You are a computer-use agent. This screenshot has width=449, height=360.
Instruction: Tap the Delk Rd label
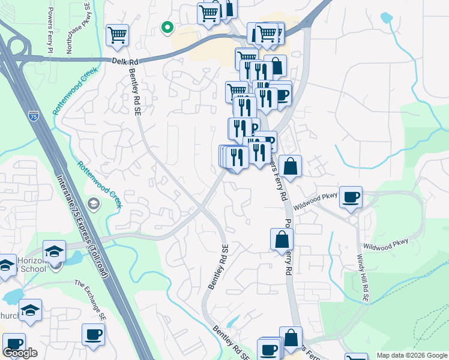(124, 61)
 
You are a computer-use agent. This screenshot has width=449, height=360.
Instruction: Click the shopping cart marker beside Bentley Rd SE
(117, 35)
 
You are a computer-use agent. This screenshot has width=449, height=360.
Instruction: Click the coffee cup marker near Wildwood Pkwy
(351, 197)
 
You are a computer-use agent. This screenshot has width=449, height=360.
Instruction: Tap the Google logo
(20, 353)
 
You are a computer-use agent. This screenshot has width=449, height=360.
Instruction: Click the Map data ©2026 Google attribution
(411, 355)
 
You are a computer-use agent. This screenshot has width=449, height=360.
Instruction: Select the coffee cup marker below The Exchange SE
(93, 335)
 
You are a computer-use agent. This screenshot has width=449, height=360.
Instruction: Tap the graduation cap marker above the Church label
(30, 310)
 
